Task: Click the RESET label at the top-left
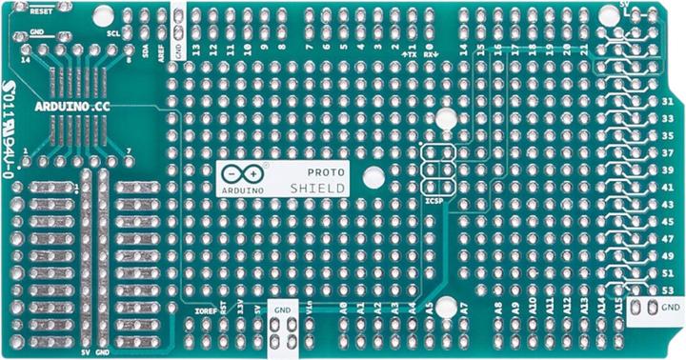(x=41, y=14)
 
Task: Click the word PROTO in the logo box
(x=330, y=170)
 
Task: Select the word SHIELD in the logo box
(x=318, y=189)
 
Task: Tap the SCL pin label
(x=113, y=32)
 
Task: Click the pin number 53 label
(x=667, y=289)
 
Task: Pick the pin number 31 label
(x=667, y=102)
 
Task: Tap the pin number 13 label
(x=196, y=48)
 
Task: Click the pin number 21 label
(x=584, y=48)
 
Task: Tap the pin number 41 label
(x=667, y=187)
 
